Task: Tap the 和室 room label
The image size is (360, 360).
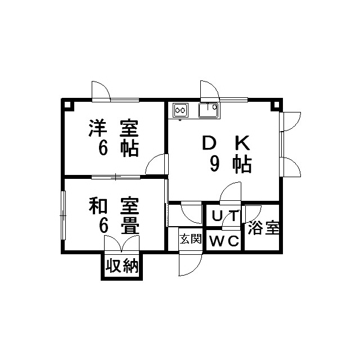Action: point(113,206)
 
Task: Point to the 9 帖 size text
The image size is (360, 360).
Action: point(231,164)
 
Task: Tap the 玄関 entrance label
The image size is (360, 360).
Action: point(190,238)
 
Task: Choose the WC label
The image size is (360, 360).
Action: point(224,242)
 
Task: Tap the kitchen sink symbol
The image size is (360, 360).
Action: point(209,109)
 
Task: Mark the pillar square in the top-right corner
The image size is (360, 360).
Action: point(276,105)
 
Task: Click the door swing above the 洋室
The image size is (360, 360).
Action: point(101,91)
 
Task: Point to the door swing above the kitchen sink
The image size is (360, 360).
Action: point(208,91)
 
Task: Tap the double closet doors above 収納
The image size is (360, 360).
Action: point(121,244)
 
